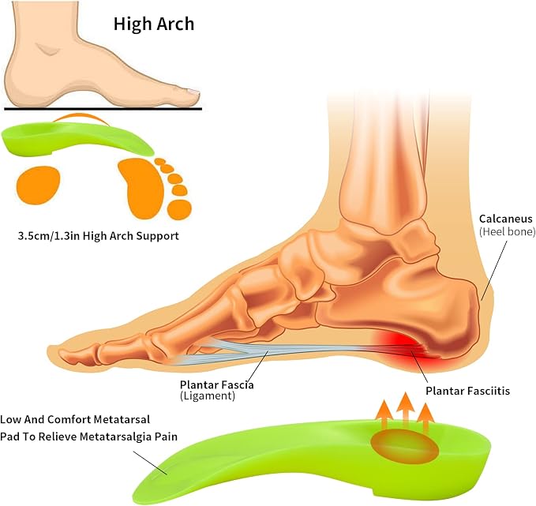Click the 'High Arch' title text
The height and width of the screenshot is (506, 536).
(154, 24)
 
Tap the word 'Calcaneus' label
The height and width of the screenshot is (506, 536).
(505, 219)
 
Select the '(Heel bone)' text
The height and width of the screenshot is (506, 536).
(508, 232)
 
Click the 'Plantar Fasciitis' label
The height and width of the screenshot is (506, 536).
(467, 391)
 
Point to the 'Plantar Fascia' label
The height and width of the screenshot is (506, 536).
(217, 385)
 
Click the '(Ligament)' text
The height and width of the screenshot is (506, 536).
(208, 396)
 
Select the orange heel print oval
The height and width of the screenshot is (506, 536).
(38, 185)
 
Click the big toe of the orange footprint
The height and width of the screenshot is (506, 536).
(180, 209)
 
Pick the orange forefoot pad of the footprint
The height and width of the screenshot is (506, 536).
(141, 189)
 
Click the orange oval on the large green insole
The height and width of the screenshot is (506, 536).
(404, 444)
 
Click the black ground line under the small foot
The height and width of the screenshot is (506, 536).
(103, 109)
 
